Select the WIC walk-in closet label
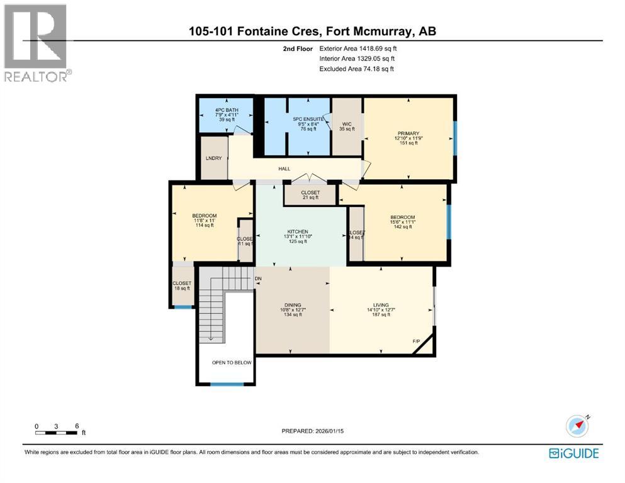click(x=347, y=125)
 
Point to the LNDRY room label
click(x=213, y=158)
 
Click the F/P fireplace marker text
click(x=416, y=341)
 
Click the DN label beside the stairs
click(x=258, y=279)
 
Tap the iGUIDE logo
click(x=573, y=453)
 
